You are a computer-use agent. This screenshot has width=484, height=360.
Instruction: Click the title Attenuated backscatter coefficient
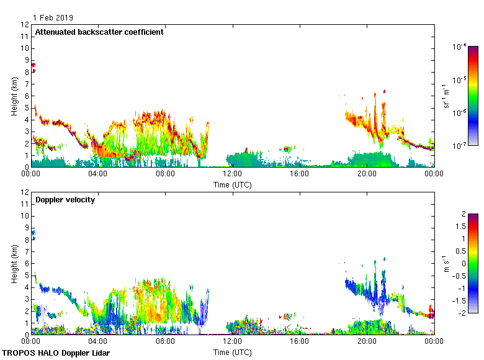99,32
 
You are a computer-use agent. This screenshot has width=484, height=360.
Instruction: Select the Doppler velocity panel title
65,200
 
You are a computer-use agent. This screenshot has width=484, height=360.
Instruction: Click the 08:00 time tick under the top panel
165,174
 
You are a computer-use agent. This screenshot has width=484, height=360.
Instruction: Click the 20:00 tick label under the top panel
366,174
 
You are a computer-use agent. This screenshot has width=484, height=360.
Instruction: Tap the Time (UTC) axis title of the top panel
233,184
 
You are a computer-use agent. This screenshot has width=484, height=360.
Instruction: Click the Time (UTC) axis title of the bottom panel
233,352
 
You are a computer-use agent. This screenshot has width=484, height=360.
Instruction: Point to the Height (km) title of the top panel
14,96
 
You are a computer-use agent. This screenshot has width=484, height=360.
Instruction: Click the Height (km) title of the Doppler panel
14,263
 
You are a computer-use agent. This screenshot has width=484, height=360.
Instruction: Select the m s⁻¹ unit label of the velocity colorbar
446,263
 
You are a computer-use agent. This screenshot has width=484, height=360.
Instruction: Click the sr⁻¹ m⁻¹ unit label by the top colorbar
446,96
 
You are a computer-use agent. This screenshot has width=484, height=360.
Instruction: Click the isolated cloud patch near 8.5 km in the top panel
34,66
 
